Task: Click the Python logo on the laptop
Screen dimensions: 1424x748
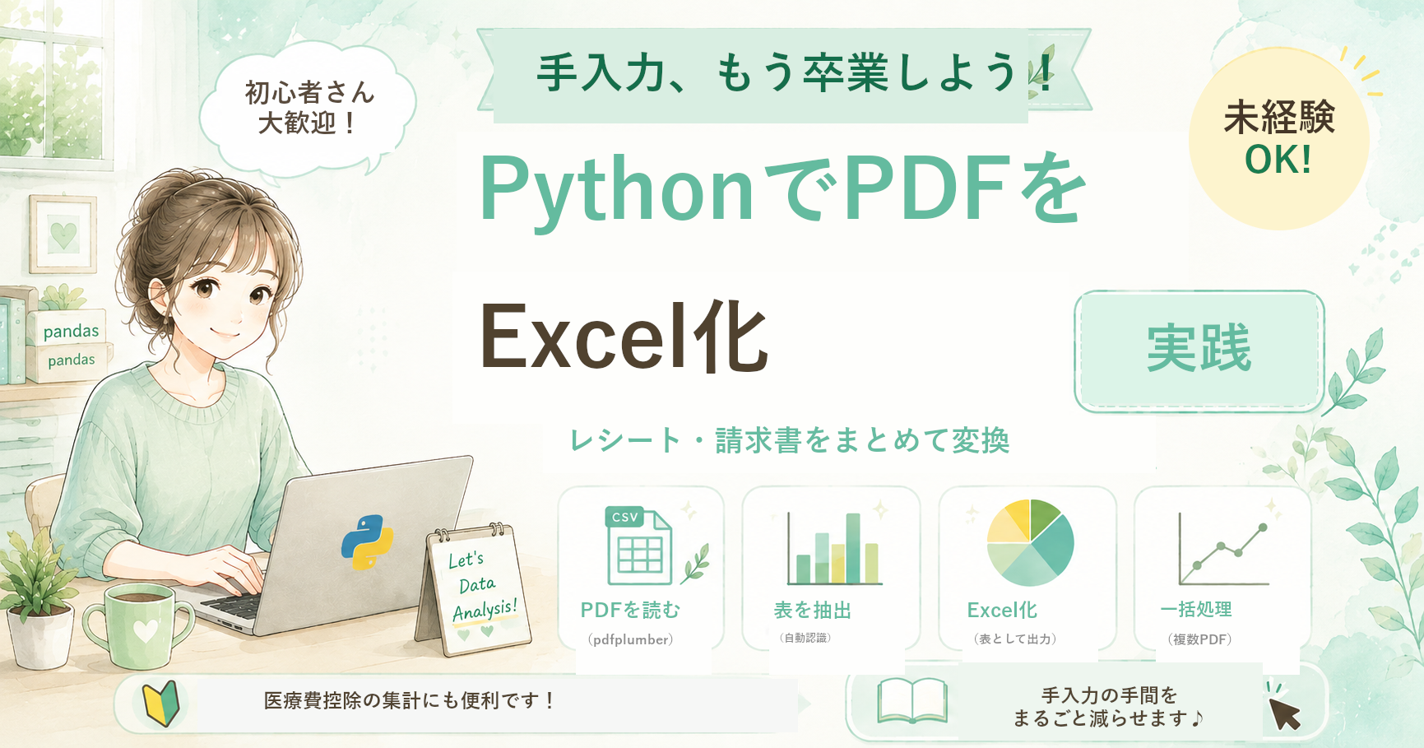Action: pos(367,542)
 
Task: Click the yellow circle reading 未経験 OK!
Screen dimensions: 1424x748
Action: pos(1278,138)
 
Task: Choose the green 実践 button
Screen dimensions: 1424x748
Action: pos(1199,350)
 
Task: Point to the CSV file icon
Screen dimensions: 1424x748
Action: pos(638,545)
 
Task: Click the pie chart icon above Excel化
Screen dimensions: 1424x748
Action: pos(1030,543)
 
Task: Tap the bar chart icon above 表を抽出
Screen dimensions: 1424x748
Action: pos(834,548)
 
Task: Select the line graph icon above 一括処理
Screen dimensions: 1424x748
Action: pos(1223,548)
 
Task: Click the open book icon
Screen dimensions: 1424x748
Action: pos(912,700)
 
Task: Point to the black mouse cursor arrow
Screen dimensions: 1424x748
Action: pos(1284,713)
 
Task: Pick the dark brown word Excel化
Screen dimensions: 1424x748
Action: pos(624,337)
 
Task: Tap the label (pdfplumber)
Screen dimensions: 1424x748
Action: pos(631,639)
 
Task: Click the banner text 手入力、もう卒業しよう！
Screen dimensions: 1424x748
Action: pos(795,72)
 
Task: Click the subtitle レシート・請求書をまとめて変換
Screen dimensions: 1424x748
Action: pos(790,440)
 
